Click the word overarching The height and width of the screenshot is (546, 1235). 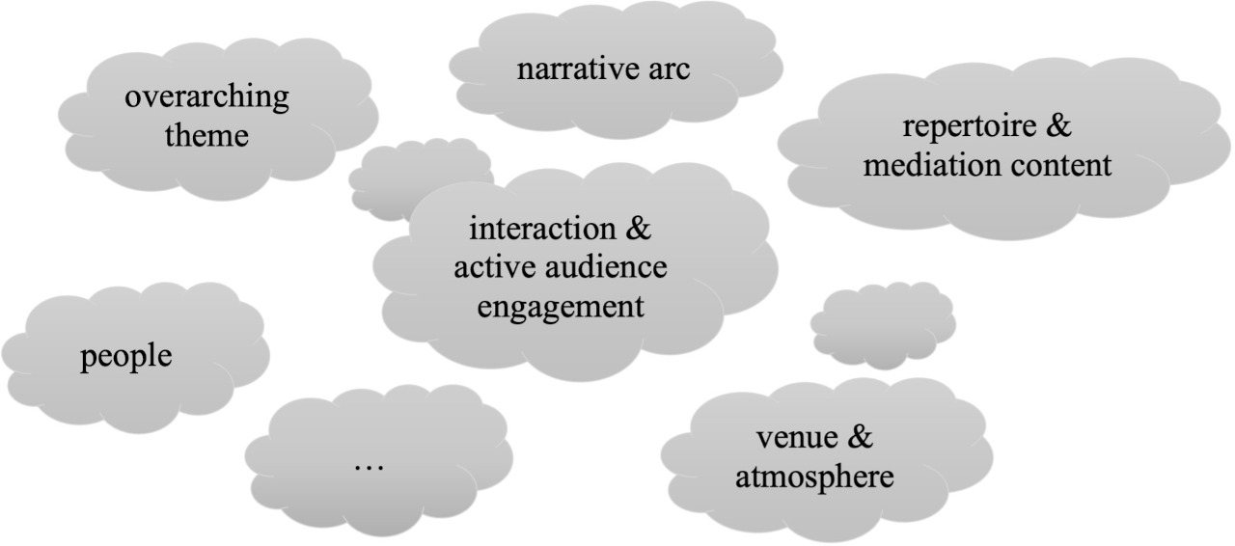tap(206, 98)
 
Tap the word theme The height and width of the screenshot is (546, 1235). tap(206, 136)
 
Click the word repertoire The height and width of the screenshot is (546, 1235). tap(970, 126)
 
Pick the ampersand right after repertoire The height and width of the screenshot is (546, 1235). tap(1058, 124)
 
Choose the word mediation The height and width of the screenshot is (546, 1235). tap(933, 165)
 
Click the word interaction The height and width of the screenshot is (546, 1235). tap(542, 229)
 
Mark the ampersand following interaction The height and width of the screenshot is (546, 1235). tap(639, 228)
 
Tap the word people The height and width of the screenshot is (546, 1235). tap(126, 357)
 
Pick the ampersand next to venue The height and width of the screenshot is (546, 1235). tap(861, 436)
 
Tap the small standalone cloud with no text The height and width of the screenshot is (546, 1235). tap(883, 325)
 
